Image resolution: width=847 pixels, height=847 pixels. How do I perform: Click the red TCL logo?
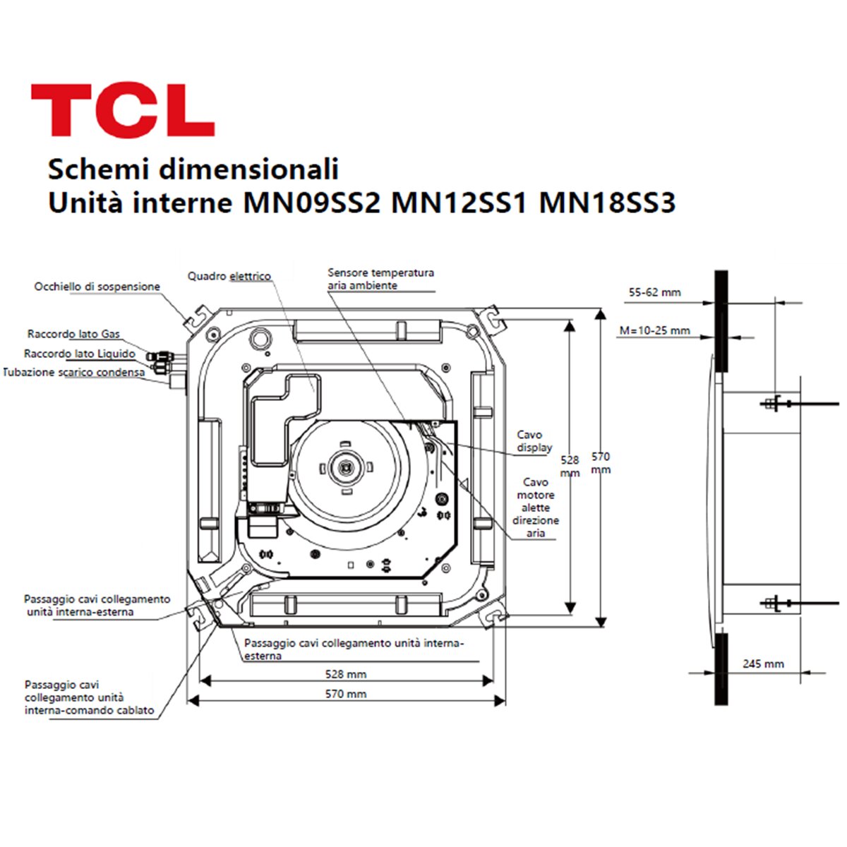point(123,110)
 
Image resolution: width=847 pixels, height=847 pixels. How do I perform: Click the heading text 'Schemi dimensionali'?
point(193,169)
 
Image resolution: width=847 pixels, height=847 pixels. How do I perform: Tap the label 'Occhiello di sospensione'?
point(97,287)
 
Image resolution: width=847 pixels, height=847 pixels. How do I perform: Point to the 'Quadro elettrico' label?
point(229,276)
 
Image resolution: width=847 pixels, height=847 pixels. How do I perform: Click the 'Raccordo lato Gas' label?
point(73,334)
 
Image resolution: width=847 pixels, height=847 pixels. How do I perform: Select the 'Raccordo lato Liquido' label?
point(79,354)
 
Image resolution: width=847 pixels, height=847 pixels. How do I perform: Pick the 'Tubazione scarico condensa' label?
point(74,372)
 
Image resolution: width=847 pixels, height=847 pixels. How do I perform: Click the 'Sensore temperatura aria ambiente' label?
point(380,279)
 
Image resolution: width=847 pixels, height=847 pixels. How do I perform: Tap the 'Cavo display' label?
point(534,441)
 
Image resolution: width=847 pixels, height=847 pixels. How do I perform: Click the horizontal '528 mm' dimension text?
point(345,674)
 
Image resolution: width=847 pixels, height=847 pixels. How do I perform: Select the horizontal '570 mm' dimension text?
point(345,694)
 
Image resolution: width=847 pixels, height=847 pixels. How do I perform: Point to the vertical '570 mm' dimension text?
point(601,463)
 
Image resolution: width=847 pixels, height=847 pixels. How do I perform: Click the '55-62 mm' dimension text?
point(654,292)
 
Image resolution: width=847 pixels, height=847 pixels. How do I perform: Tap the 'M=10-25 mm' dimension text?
point(654,330)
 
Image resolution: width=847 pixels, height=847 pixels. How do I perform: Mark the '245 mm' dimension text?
point(763,663)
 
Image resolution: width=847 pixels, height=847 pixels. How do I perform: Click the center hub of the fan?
point(346,467)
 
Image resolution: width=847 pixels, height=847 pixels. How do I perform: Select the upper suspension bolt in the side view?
point(776,404)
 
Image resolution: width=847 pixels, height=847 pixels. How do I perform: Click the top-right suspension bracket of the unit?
point(494,318)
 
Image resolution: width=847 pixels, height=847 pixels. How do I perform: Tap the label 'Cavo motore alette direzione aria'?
point(536,507)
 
